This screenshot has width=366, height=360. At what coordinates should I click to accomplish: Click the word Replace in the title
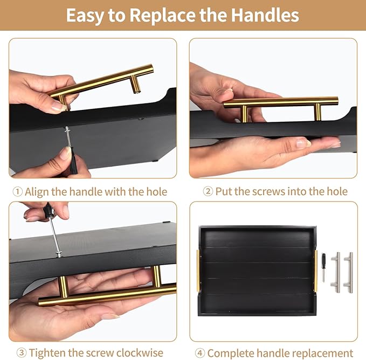pyautogui.click(x=162, y=15)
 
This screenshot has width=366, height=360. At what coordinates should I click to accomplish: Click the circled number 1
pyautogui.click(x=17, y=192)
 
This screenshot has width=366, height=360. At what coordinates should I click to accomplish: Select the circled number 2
pyautogui.click(x=208, y=191)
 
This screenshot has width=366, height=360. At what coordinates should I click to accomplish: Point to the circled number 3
pyautogui.click(x=22, y=352)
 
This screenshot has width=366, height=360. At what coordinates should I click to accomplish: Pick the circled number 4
pyautogui.click(x=200, y=353)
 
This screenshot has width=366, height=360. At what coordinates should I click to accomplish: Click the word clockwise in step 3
pyautogui.click(x=140, y=352)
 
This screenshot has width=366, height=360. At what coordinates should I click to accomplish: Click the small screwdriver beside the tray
pyautogui.click(x=324, y=267)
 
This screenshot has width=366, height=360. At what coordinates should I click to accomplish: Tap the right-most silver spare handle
pyautogui.click(x=348, y=272)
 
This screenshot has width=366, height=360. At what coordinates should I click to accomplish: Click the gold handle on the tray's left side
pyautogui.click(x=198, y=271)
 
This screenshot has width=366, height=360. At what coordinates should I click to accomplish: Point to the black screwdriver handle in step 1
pyautogui.click(x=73, y=162)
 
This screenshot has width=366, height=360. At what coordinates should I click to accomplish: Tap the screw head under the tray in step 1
pyautogui.click(x=67, y=129)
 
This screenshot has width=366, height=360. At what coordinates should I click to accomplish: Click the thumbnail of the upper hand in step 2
pyautogui.click(x=227, y=91)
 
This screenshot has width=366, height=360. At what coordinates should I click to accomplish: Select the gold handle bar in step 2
pyautogui.click(x=281, y=102)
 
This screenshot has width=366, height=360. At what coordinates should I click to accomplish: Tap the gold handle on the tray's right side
pyautogui.click(x=315, y=271)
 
